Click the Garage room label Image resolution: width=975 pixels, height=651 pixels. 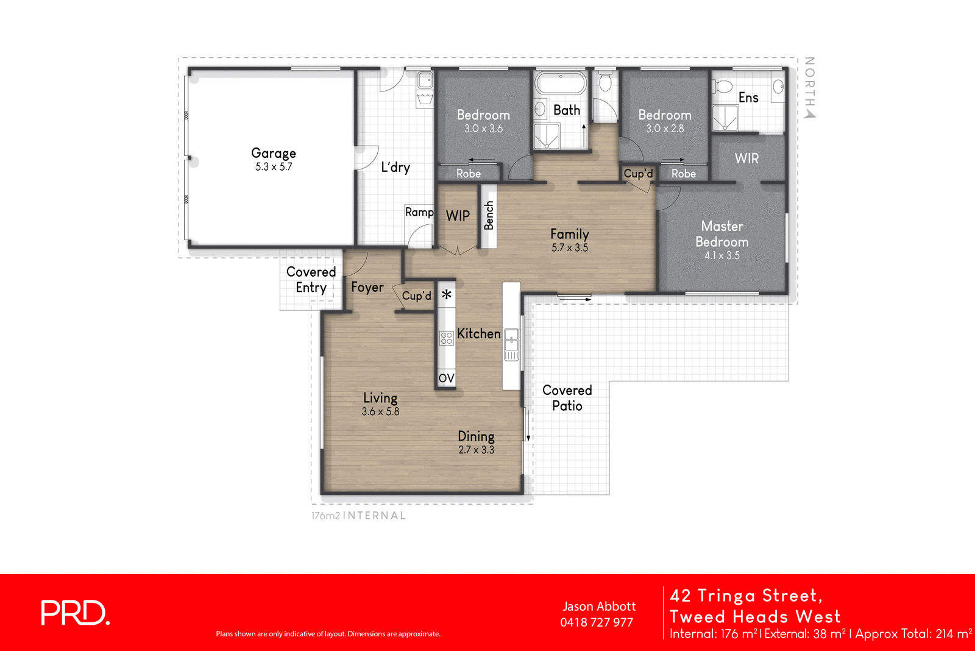(x=274, y=154)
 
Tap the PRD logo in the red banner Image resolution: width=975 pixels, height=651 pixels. (x=75, y=613)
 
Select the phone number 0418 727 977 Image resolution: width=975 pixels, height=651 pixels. (x=597, y=622)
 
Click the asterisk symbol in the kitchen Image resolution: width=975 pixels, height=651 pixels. (x=447, y=295)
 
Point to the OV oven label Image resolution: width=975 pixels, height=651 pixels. (x=446, y=378)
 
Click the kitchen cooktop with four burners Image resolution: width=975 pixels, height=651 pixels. (x=446, y=338)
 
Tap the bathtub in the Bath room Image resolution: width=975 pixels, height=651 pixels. (x=561, y=84)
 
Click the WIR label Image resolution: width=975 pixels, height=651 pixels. (x=746, y=158)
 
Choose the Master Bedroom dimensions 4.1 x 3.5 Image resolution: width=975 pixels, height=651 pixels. (x=722, y=255)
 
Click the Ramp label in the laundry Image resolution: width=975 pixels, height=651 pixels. (x=419, y=212)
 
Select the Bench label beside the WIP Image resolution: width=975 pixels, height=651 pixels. (x=489, y=216)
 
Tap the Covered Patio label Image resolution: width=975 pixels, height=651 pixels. (x=567, y=398)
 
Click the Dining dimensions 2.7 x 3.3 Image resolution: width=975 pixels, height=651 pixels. (x=476, y=450)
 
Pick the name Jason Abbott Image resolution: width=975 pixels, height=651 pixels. (x=599, y=607)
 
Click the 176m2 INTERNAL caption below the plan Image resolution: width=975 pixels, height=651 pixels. (x=358, y=516)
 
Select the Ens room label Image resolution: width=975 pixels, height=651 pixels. (x=748, y=98)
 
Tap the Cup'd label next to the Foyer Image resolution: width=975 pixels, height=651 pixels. (x=417, y=296)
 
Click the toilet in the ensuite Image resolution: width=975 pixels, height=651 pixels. (x=722, y=87)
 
